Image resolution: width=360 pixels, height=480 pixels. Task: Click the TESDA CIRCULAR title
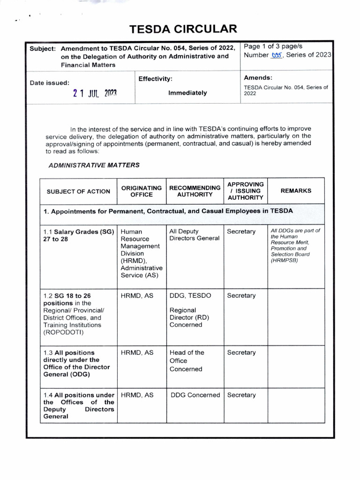coord(183,30)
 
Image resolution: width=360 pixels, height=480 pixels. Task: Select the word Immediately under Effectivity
coord(187,93)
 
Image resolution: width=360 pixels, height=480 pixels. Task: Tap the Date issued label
coord(50,82)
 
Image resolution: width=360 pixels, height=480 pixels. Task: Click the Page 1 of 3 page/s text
coord(273,46)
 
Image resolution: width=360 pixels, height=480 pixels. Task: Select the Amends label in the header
coord(258,77)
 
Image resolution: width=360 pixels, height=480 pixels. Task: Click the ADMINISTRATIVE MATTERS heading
coord(94,165)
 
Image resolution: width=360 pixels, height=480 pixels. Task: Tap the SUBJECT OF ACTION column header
coord(78,191)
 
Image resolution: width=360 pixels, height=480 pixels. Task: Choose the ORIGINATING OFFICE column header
coord(142,191)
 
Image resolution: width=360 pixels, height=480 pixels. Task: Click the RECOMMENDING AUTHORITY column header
coord(195,191)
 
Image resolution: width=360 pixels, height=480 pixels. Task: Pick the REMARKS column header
coord(296,191)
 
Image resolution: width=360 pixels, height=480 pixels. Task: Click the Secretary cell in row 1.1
coord(241,232)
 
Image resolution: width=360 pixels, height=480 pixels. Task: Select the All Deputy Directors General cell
coord(194,235)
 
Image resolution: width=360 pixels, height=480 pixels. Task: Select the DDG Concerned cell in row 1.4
coord(195,395)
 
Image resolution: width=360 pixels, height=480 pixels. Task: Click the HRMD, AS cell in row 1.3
coord(137,352)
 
